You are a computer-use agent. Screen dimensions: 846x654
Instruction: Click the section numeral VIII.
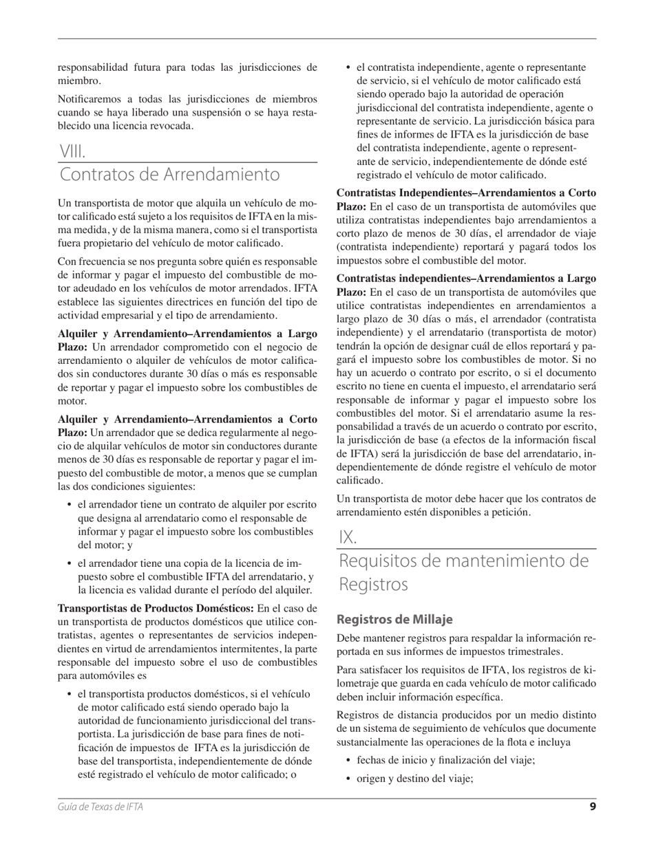point(72,151)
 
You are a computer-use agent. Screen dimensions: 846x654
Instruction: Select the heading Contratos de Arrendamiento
point(169,175)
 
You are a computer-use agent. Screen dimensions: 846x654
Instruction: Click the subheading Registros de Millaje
point(394,619)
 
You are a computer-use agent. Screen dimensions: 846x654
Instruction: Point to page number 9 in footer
point(592,807)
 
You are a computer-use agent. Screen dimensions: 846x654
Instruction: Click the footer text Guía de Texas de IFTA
point(101,807)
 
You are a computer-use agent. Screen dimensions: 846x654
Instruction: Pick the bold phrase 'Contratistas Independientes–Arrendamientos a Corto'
point(466,193)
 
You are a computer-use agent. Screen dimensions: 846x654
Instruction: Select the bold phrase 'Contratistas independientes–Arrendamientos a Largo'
point(466,279)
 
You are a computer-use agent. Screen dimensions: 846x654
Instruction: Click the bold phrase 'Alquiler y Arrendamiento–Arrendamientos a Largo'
point(187,334)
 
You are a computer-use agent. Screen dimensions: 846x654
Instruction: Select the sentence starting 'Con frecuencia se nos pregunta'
point(187,261)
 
